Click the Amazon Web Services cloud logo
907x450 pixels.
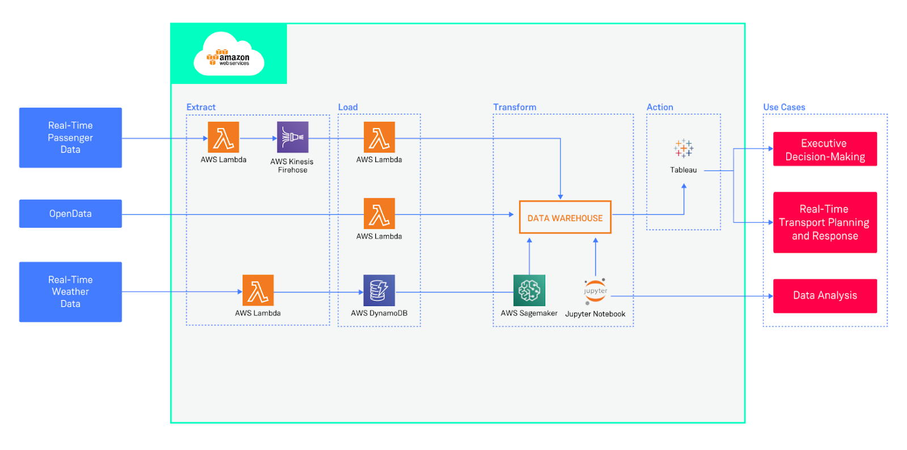(x=229, y=54)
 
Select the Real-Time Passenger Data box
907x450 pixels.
(x=70, y=138)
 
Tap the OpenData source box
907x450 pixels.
(x=70, y=214)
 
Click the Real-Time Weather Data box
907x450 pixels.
(x=70, y=292)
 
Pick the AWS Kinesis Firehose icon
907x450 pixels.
(x=293, y=137)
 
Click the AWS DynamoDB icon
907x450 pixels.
(x=379, y=290)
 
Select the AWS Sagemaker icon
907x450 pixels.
(x=529, y=290)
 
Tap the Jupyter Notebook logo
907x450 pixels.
(x=595, y=291)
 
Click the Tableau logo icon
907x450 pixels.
(x=684, y=148)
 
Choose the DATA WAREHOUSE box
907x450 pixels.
(x=565, y=218)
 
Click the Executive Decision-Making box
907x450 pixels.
(x=825, y=150)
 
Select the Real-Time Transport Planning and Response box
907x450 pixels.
(x=825, y=222)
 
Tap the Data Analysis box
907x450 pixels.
(x=825, y=295)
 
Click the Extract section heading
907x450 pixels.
(x=201, y=107)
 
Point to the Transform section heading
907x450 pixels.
(x=514, y=107)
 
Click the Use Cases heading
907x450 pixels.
(x=784, y=107)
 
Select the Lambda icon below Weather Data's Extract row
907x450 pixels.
(x=258, y=290)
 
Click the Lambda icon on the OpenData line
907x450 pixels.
(x=379, y=214)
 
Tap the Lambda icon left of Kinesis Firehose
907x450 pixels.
(x=223, y=137)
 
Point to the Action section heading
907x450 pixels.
(x=660, y=107)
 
